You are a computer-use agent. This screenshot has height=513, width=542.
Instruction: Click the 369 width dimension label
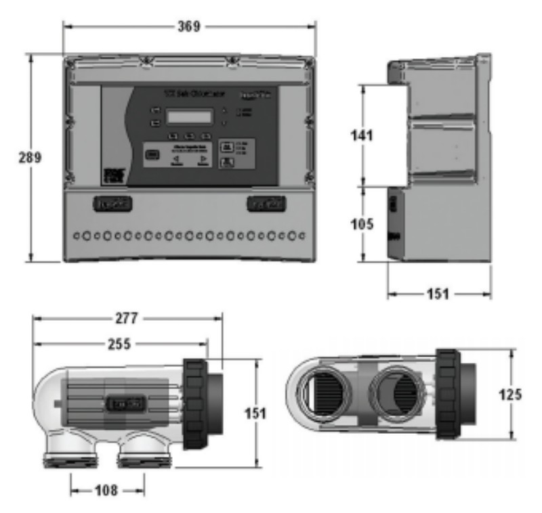(189, 27)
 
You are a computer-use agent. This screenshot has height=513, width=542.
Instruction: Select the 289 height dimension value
(30, 158)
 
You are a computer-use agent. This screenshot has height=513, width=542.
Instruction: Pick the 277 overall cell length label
(127, 317)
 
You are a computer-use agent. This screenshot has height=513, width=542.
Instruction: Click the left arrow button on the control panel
(175, 160)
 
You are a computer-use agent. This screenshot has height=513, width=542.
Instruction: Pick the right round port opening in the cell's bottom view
(394, 394)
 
